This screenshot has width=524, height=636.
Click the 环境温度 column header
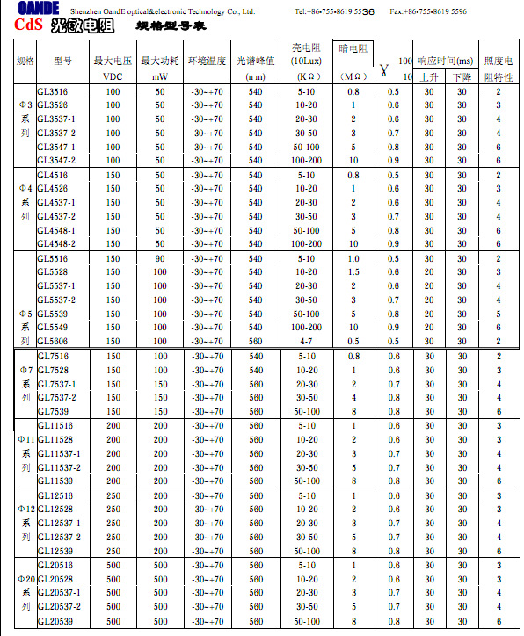(x=207, y=61)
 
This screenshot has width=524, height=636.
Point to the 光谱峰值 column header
(x=256, y=61)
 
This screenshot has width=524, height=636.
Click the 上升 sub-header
(x=430, y=76)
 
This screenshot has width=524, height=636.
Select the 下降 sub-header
(x=462, y=76)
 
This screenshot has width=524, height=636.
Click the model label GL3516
(x=52, y=91)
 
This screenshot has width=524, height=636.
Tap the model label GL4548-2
(x=56, y=244)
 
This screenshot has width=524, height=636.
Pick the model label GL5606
(x=52, y=342)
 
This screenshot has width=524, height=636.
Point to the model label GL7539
(x=52, y=411)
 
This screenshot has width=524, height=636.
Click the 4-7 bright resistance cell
(x=307, y=342)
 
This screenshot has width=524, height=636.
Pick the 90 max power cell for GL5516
(x=160, y=258)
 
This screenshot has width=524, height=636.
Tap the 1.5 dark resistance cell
(x=353, y=272)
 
